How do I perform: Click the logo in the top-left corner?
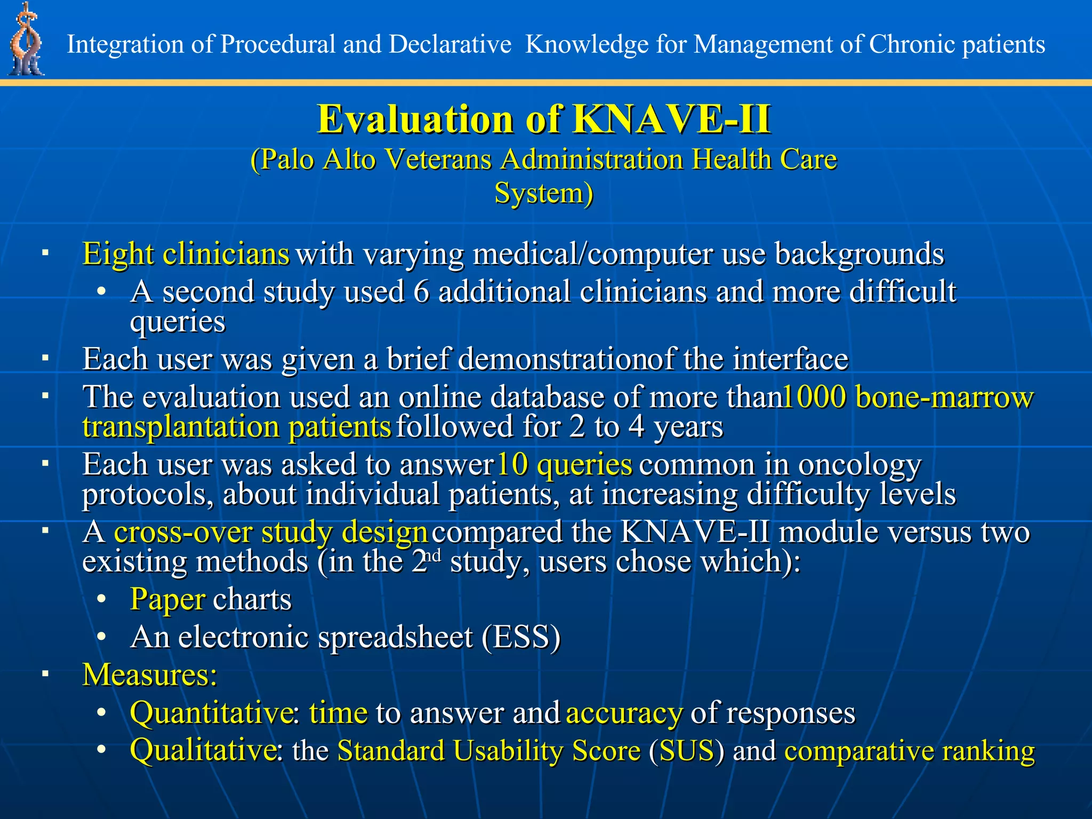click(26, 40)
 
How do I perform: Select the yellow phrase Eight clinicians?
click(186, 254)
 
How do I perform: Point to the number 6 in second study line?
click(421, 292)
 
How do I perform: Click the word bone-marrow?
click(944, 397)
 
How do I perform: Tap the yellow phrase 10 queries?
click(564, 464)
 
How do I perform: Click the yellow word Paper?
click(167, 600)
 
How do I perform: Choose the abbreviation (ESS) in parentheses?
click(521, 637)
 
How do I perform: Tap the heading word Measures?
click(150, 675)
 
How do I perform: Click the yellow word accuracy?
click(624, 713)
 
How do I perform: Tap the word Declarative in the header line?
click(450, 44)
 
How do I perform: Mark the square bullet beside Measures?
click(46, 675)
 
